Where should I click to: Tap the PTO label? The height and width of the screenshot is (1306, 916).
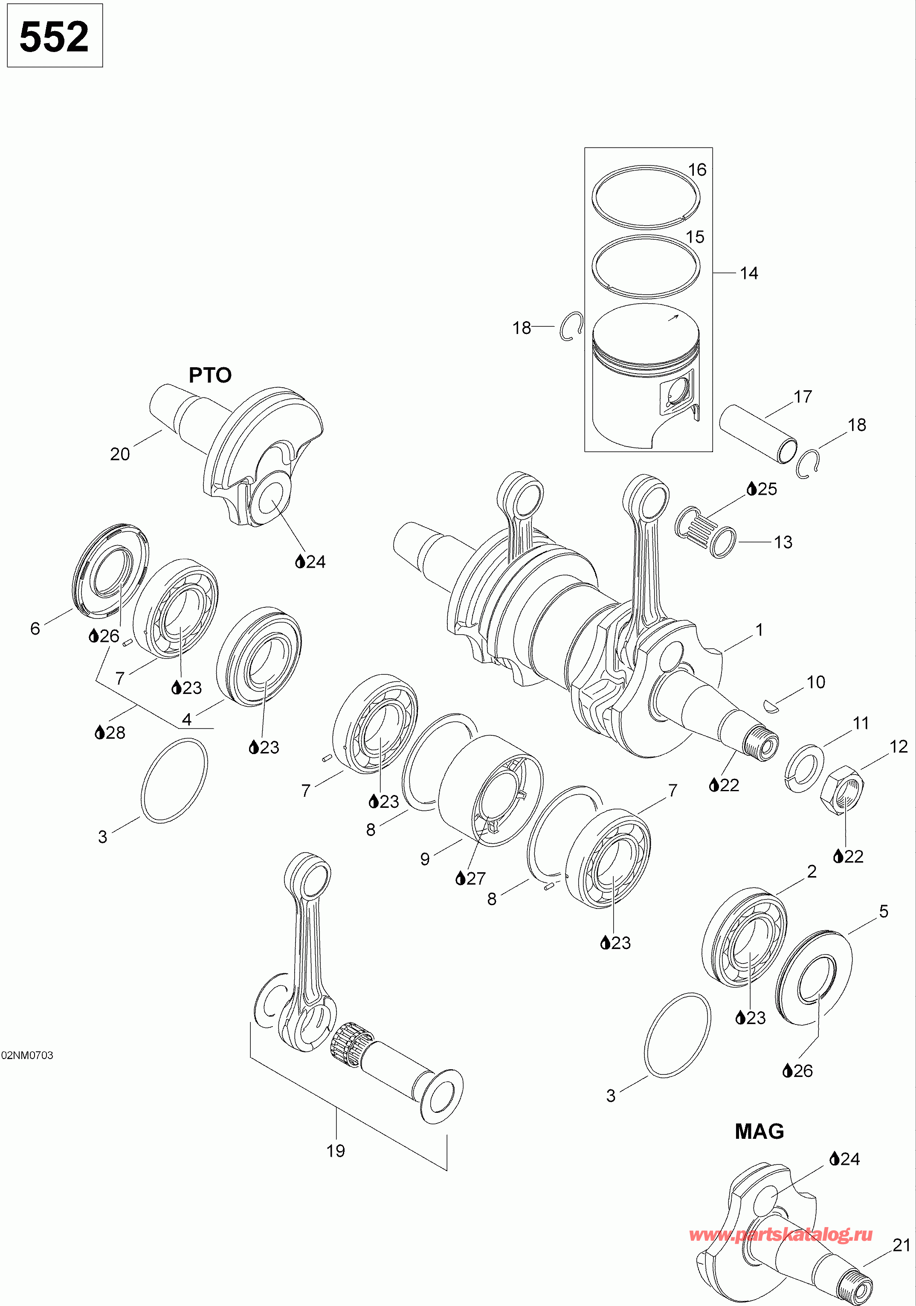click(210, 375)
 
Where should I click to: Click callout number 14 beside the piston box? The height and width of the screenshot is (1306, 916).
click(749, 273)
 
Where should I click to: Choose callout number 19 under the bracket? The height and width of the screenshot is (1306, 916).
click(336, 1151)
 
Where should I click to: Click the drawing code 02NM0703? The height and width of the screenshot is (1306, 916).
click(27, 1055)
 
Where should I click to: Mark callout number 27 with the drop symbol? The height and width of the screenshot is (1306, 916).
click(471, 879)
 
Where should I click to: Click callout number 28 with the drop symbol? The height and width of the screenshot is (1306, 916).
click(110, 733)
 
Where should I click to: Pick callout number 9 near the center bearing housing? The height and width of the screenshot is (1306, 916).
click(425, 859)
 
